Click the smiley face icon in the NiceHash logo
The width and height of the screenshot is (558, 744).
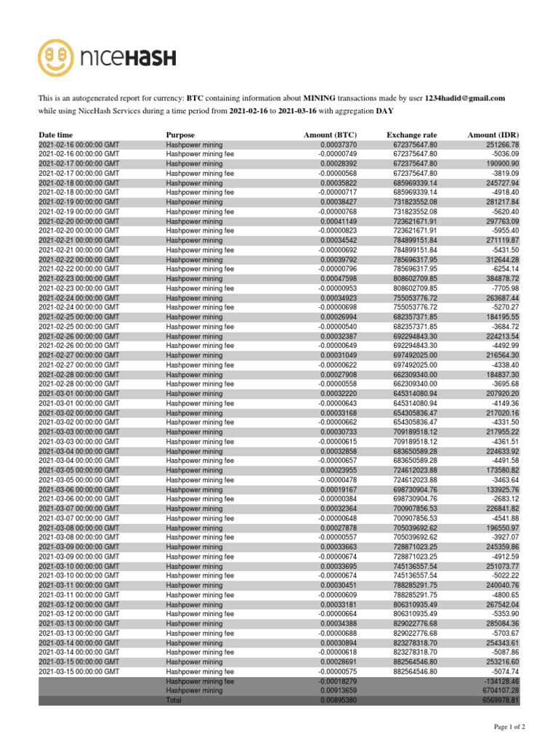[x=59, y=57]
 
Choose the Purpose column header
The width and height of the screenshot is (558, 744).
[x=180, y=135]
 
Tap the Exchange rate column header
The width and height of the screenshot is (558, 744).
[x=412, y=135]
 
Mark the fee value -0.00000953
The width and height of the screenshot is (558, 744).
[x=338, y=288]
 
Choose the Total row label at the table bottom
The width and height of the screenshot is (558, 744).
[x=175, y=700]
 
